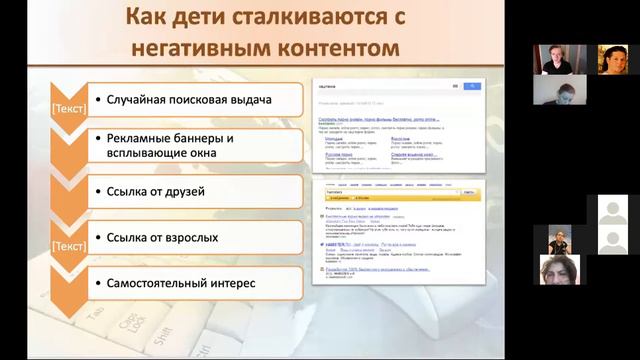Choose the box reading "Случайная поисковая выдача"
(x=190, y=100)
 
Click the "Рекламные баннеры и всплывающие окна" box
(x=190, y=146)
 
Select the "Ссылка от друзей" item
(x=190, y=191)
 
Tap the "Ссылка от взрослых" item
(x=190, y=237)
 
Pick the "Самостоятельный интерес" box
(x=190, y=283)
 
